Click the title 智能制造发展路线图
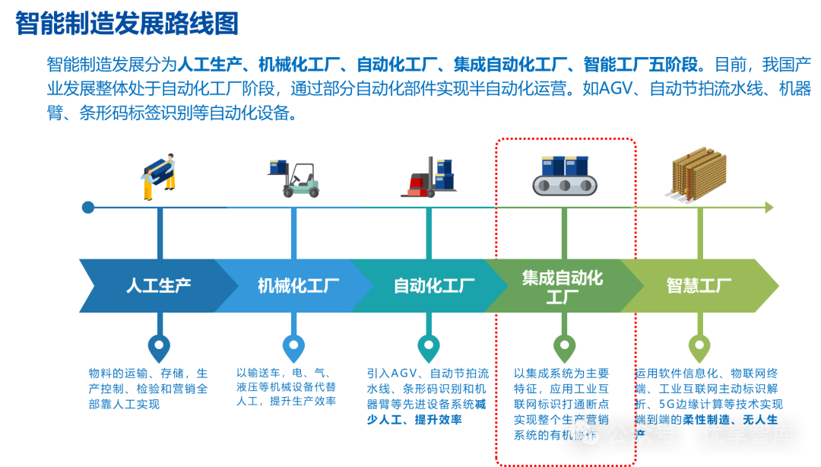click(x=127, y=24)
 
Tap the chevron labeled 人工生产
click(x=158, y=286)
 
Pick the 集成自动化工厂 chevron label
click(x=563, y=287)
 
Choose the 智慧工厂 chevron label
click(x=699, y=286)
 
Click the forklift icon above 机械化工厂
click(x=293, y=178)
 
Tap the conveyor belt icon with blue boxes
click(x=564, y=175)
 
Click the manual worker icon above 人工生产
click(x=159, y=176)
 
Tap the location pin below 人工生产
click(x=158, y=348)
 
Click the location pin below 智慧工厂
click(x=699, y=348)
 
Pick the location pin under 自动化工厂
click(x=428, y=348)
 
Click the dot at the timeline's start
click(x=88, y=207)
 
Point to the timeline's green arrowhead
click(x=769, y=207)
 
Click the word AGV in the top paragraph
click(x=620, y=89)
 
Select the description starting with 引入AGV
click(x=427, y=397)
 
